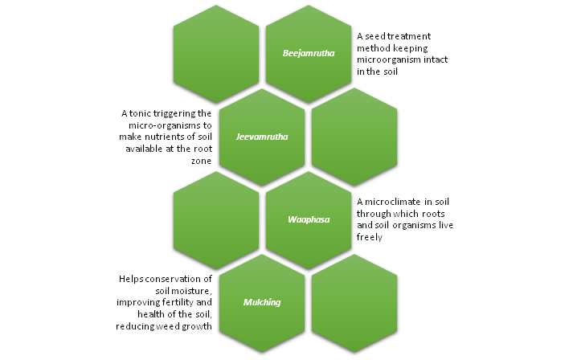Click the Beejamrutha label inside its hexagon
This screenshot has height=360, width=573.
point(309,54)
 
